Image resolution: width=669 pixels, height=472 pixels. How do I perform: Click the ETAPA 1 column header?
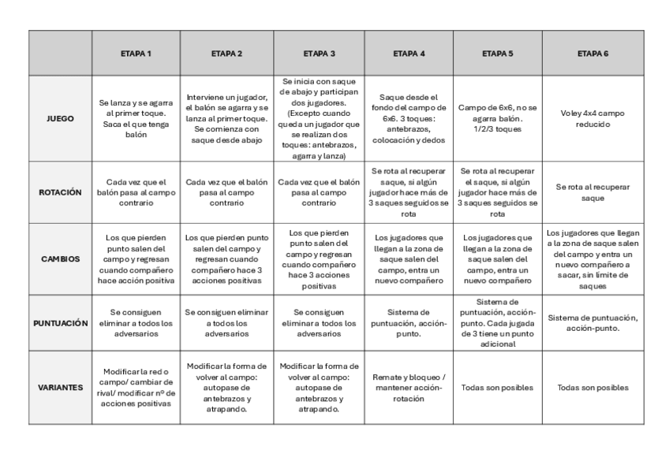coord(136,54)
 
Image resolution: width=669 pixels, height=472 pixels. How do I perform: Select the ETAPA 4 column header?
coord(409,54)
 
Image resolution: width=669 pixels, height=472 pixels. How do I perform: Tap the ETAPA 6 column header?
coord(592,54)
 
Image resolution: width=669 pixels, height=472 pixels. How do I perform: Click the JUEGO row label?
coord(61,118)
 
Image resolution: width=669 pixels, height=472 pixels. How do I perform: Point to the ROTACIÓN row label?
coord(61,192)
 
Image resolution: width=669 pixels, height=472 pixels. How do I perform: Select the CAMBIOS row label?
coord(61,258)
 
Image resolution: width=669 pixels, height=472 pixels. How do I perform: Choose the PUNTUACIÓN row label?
coord(61,323)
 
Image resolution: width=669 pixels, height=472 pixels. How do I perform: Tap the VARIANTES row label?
coord(61,388)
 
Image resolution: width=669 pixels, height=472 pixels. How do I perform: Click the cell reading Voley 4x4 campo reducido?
coord(592,118)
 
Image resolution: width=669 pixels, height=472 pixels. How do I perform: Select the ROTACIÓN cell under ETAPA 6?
coord(592,192)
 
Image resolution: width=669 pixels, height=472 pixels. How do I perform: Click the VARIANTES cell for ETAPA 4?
coord(409,388)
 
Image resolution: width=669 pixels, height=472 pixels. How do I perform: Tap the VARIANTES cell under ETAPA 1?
coord(136,388)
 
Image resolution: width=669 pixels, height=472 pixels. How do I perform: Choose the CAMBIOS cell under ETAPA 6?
coord(592,258)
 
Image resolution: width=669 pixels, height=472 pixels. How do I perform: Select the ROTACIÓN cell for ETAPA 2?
coord(227,192)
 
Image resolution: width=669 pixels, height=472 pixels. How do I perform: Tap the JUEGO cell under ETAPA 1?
coord(136,118)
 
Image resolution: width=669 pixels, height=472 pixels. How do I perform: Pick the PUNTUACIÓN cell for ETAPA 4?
coord(409,323)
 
